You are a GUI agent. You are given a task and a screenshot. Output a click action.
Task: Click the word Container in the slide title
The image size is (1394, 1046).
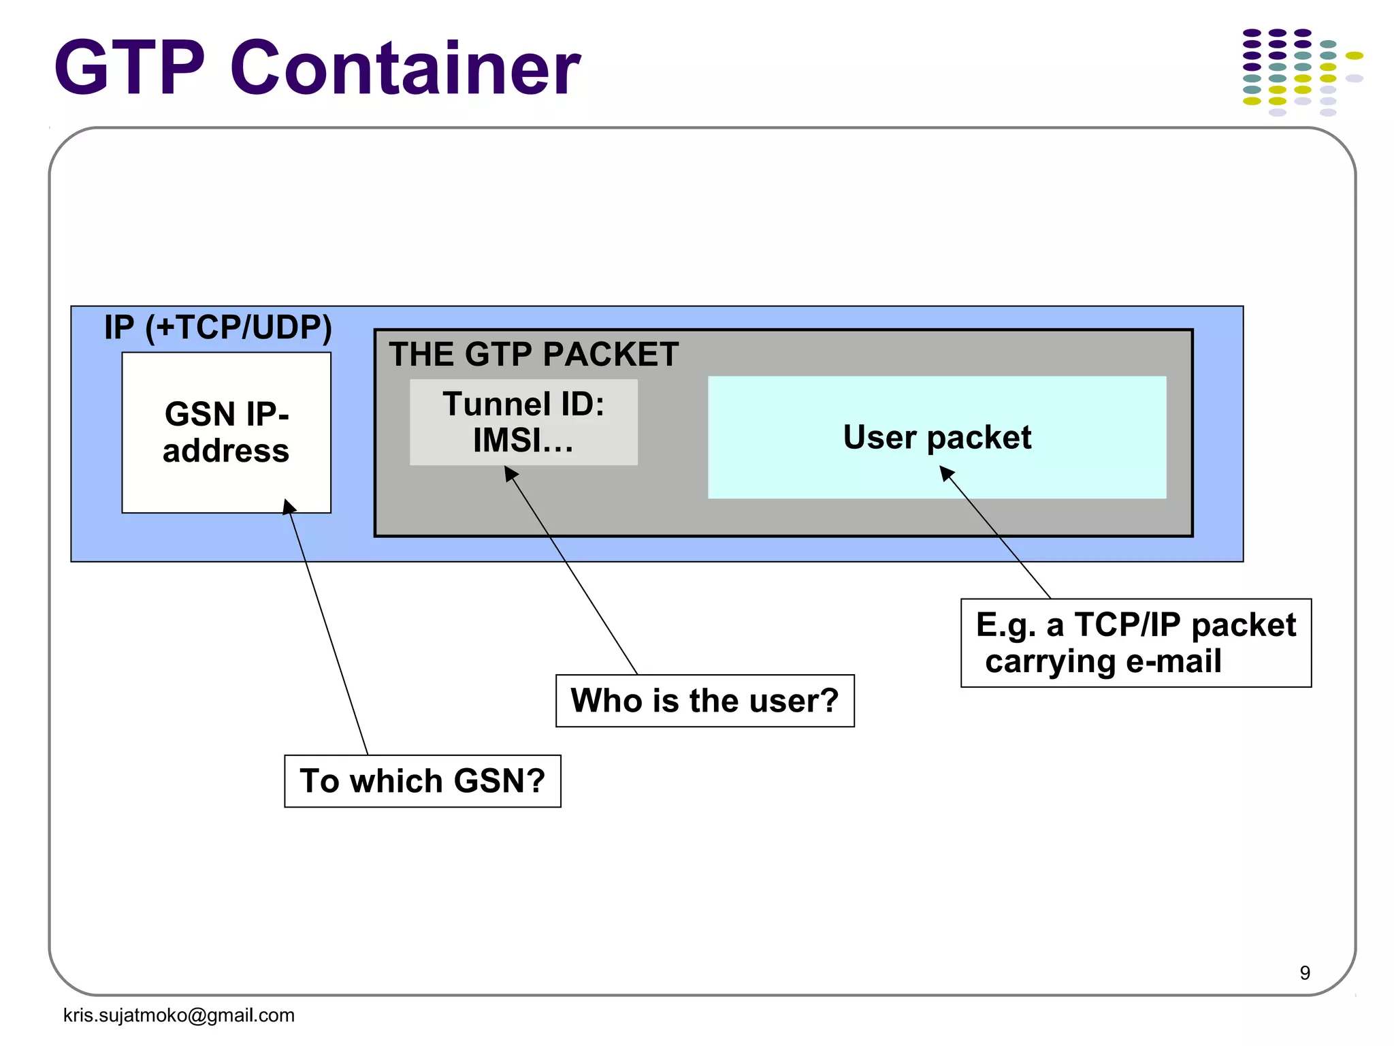(405, 68)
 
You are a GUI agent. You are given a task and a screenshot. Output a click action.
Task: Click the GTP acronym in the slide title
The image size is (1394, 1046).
(129, 68)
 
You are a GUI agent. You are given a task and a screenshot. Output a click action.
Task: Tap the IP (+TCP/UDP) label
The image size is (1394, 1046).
(218, 328)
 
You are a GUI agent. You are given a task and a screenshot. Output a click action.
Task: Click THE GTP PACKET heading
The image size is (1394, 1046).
(534, 355)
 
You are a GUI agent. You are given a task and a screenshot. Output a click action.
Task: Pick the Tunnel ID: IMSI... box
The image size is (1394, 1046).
(523, 422)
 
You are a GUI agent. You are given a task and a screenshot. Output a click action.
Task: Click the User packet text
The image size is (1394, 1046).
(937, 437)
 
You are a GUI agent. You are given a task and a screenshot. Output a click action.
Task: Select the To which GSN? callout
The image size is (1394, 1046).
(423, 781)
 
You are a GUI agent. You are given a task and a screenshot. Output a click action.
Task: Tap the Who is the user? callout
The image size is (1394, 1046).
(704, 701)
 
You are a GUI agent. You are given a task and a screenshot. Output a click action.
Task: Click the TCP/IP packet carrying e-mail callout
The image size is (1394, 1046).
(1135, 643)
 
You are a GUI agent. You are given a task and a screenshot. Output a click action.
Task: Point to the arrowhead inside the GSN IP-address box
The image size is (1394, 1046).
(289, 506)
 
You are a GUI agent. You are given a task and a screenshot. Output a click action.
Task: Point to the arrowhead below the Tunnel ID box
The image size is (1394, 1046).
(510, 473)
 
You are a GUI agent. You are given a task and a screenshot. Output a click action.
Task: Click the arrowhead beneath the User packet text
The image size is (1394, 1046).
(946, 473)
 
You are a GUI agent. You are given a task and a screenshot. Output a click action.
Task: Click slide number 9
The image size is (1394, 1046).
(1304, 972)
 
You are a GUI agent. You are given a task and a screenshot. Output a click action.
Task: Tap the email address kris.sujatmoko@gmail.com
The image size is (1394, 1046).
(179, 1015)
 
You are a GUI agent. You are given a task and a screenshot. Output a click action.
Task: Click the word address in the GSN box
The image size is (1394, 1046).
(226, 451)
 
